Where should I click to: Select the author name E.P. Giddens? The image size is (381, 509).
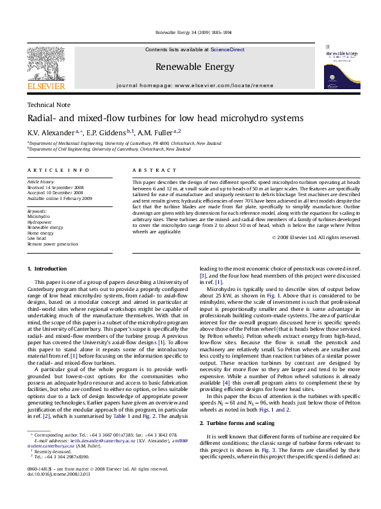coord(108,132)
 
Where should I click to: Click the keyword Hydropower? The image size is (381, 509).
coord(40,222)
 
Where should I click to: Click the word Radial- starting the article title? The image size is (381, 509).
coord(40,119)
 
